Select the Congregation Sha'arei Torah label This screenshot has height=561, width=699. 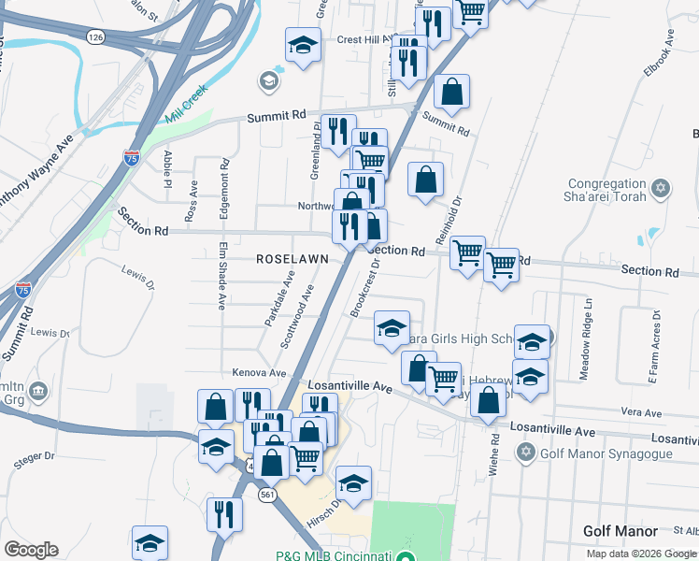tap(606, 191)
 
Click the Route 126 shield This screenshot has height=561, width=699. tap(94, 36)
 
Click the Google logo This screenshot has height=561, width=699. tap(31, 550)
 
